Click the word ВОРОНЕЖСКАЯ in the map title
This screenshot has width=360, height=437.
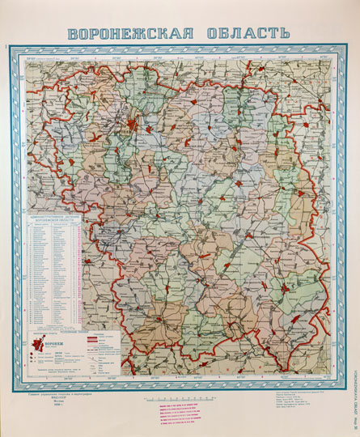click(x=130, y=35)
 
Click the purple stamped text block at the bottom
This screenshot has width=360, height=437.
click(x=180, y=414)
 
